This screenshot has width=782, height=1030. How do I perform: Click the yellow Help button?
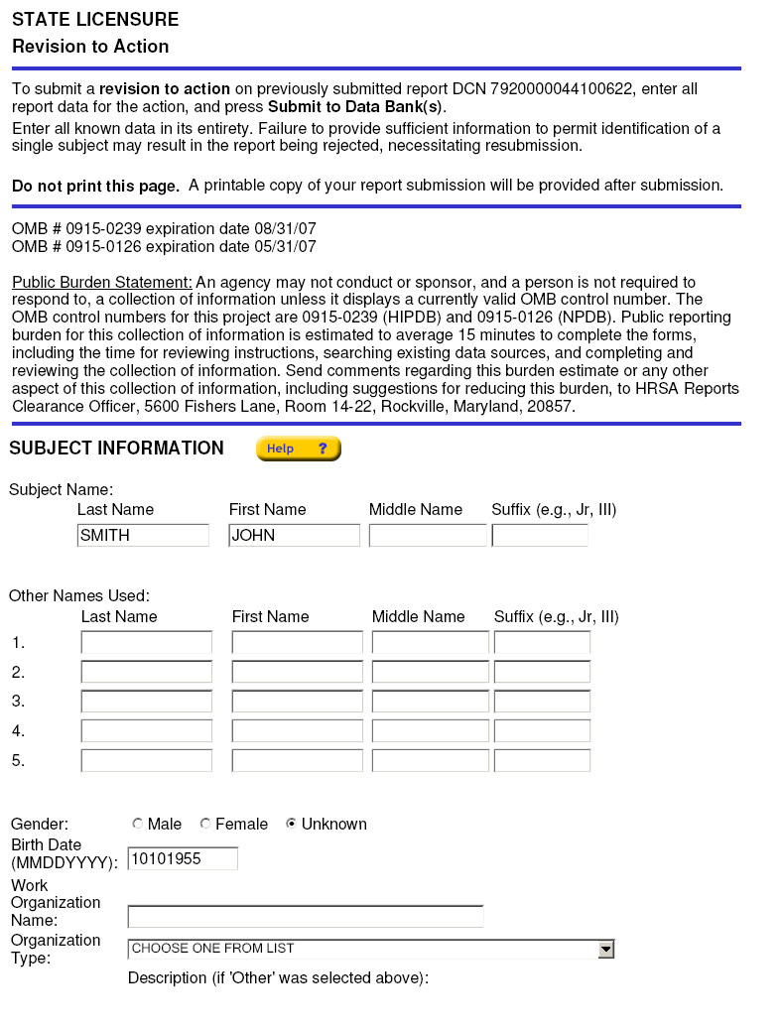click(x=298, y=449)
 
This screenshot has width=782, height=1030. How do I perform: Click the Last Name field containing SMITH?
click(x=143, y=536)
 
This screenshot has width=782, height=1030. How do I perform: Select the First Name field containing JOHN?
click(x=294, y=536)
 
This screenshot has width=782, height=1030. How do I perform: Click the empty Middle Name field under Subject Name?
click(x=428, y=536)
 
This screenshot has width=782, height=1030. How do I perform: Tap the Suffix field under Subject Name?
click(x=540, y=536)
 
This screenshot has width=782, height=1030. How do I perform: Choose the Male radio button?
click(x=138, y=824)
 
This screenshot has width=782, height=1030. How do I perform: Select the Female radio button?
click(x=205, y=824)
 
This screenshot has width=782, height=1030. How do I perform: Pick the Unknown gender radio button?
click(x=292, y=824)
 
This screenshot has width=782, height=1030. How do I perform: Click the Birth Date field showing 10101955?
click(x=183, y=858)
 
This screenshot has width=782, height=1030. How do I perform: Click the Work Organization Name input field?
click(x=306, y=916)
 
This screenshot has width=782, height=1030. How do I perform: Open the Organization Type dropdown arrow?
click(x=605, y=950)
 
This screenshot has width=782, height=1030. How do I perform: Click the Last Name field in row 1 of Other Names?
click(x=147, y=643)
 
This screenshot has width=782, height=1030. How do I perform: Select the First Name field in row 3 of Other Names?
click(x=298, y=702)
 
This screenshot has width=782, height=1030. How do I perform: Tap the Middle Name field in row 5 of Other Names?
click(x=431, y=761)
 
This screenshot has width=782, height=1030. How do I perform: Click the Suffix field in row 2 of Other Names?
click(x=542, y=672)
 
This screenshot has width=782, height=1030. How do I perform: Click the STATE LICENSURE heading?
click(x=95, y=20)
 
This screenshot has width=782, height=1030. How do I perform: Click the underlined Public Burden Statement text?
click(x=102, y=283)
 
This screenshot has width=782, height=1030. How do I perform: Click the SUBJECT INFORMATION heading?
click(x=117, y=449)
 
